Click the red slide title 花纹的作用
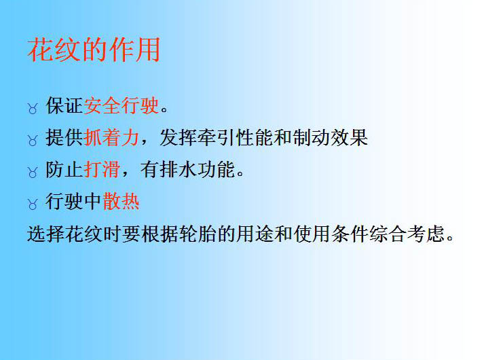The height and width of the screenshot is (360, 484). [94, 50]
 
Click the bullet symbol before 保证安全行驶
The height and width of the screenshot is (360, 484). [33, 109]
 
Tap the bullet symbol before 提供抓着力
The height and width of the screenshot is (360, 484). [33, 141]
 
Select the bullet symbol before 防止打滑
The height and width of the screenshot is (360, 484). [33, 173]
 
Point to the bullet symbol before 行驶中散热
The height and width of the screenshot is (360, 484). [33, 204]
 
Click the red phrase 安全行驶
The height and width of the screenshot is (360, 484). [122, 105]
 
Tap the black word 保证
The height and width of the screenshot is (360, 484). [64, 105]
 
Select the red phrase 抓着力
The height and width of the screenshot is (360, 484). [111, 137]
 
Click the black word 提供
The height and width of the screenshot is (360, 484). [64, 137]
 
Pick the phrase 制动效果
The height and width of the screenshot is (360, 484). [331, 137]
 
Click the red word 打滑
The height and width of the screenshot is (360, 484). [102, 169]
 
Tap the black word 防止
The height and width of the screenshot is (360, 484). [64, 169]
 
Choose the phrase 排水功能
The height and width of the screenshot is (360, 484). [198, 169]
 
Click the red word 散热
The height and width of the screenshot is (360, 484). [121, 201]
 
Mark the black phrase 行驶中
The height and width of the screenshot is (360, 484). [74, 201]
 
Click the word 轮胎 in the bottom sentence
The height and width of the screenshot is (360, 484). [198, 234]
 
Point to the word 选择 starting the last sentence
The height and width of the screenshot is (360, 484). [46, 234]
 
